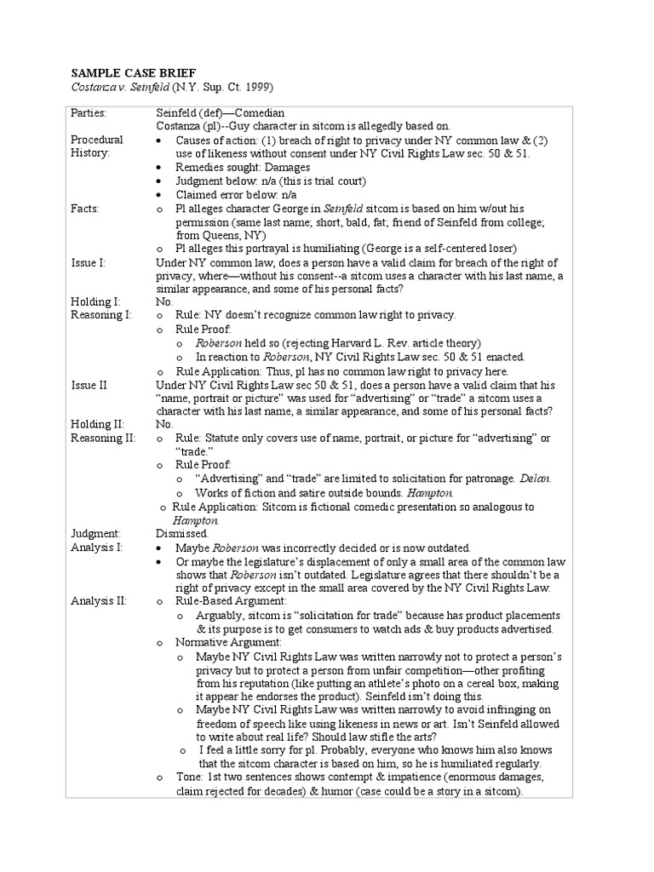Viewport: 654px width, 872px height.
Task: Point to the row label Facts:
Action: [x=85, y=209]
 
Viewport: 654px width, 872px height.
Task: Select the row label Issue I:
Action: [x=89, y=262]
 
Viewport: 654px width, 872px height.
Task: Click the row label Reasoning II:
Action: [x=100, y=438]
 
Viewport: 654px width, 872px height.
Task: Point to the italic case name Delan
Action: [x=535, y=479]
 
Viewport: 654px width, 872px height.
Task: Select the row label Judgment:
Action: [x=95, y=533]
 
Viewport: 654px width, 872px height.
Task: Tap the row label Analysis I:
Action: [x=97, y=548]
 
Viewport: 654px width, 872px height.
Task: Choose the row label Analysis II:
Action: [x=99, y=601]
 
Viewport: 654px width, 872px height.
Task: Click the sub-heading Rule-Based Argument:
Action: [x=232, y=601]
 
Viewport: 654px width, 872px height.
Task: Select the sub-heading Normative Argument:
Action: [x=228, y=642]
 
